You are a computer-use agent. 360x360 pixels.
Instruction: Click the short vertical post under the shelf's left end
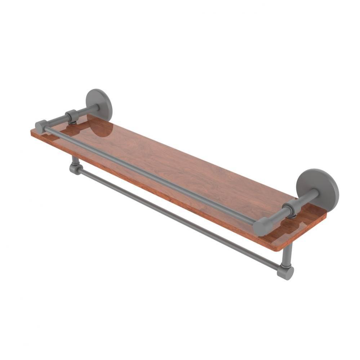point(74,159)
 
